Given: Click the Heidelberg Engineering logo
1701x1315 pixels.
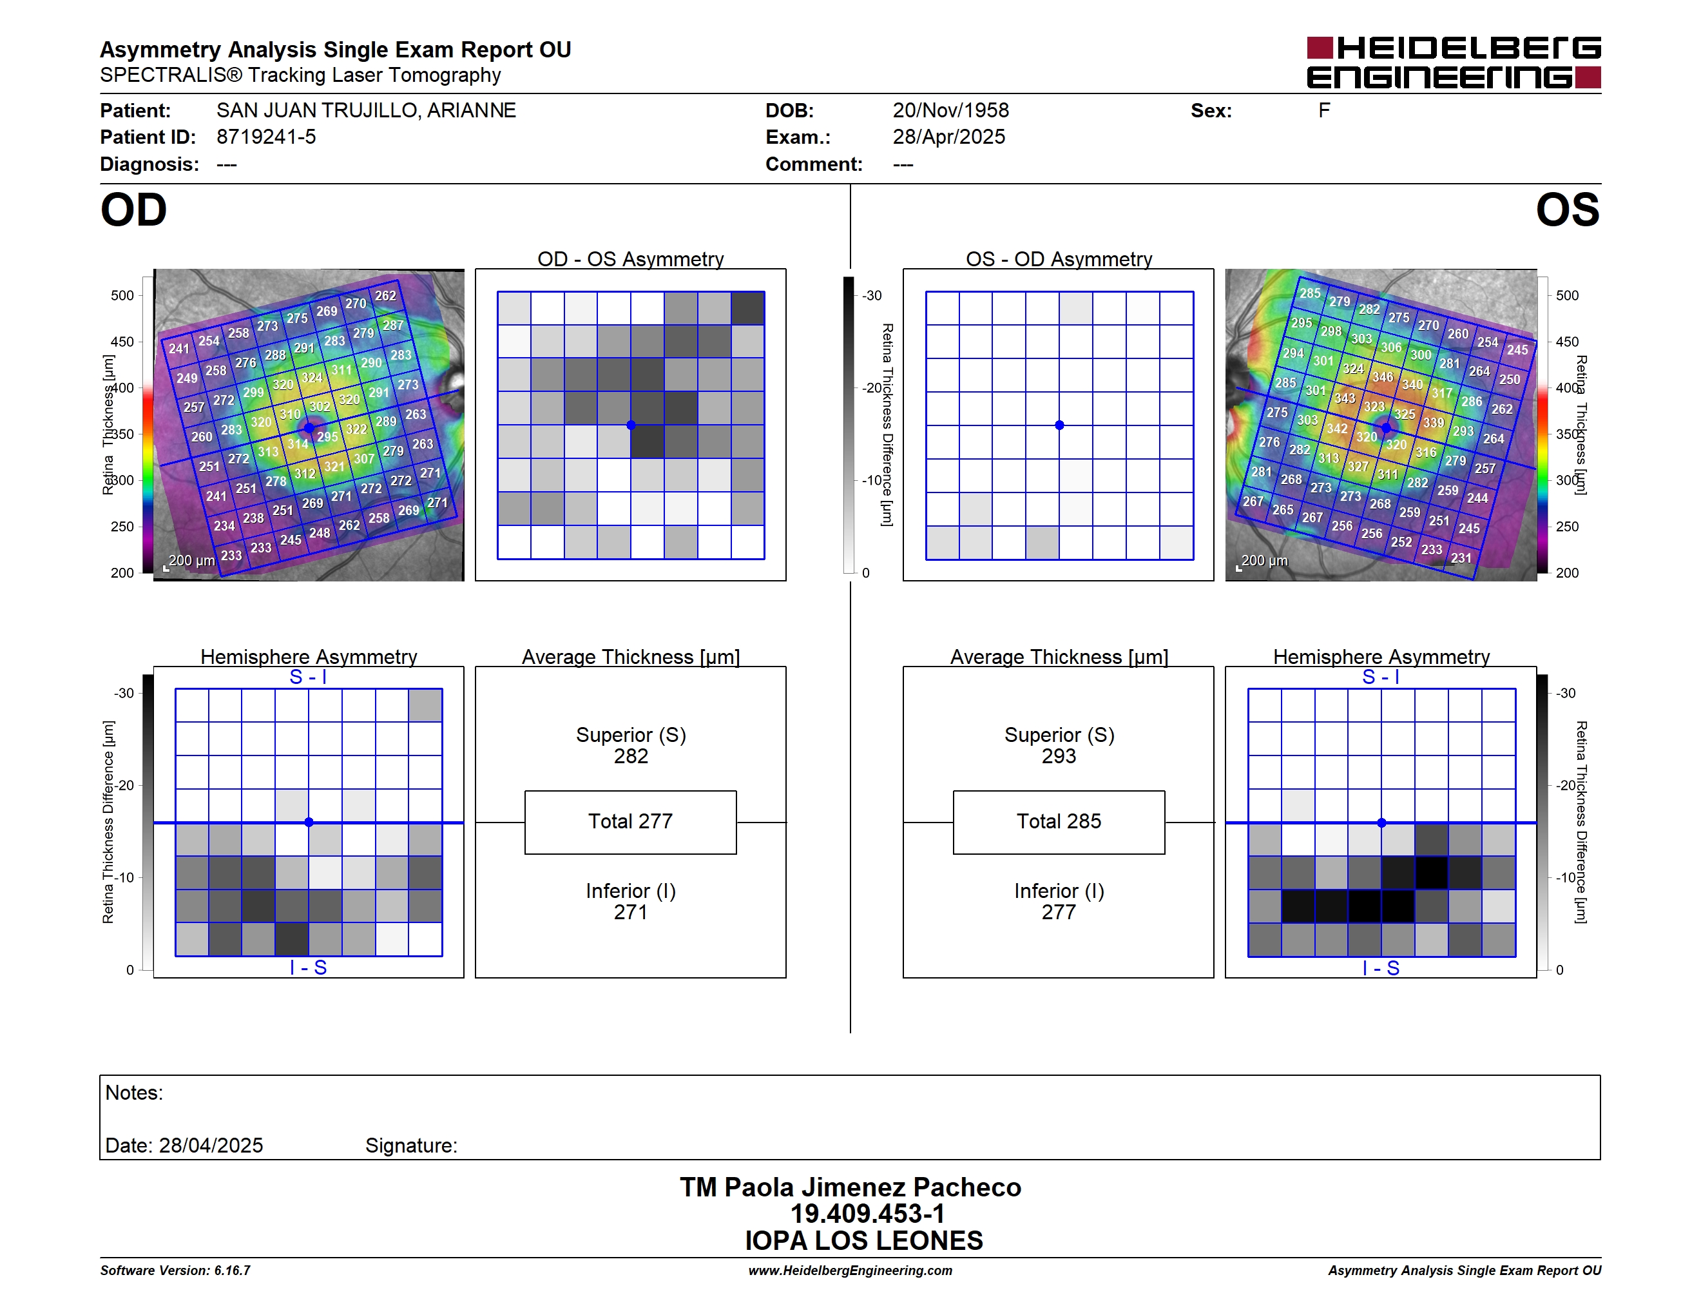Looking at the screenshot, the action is [x=1454, y=63].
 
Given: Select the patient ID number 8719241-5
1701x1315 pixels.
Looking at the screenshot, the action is [x=266, y=137].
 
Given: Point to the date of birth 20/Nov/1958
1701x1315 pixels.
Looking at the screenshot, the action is [x=951, y=111].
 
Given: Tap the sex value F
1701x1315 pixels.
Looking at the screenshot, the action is [x=1324, y=111].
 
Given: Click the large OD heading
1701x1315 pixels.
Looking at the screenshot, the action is [x=134, y=210].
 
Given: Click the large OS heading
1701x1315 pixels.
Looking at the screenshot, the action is [x=1568, y=210].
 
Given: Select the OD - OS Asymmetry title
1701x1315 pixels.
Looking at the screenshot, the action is [x=631, y=258].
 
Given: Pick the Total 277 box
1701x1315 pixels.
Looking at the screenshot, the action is [x=631, y=822].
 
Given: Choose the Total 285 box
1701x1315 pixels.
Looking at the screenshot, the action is [x=1059, y=822].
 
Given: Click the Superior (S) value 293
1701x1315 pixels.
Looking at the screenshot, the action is [x=1059, y=755].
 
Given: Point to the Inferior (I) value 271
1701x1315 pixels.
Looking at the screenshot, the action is [x=631, y=911].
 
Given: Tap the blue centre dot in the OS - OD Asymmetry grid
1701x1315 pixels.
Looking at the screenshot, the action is [x=1059, y=425].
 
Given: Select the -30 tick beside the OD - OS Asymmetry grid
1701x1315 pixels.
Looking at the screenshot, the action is [x=872, y=295].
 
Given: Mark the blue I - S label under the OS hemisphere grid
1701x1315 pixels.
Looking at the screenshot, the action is [x=1381, y=968].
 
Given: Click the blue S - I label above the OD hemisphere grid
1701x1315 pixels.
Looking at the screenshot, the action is [x=309, y=677].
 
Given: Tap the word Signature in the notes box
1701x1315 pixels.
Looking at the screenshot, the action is [x=410, y=1145].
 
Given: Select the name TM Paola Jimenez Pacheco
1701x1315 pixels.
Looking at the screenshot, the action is [x=850, y=1187].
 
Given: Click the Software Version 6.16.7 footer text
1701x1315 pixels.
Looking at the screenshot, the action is [x=175, y=1271].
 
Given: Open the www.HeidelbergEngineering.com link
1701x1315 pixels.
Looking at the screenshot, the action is [x=850, y=1271].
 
